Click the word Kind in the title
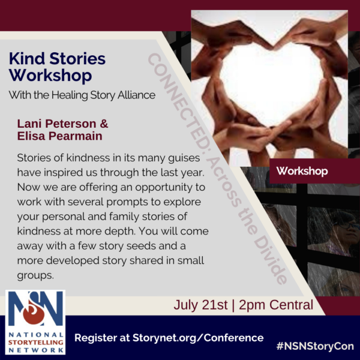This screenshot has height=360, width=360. pos(26,59)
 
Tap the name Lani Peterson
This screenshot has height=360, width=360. pos(57,124)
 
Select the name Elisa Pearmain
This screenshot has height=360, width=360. pos(59,136)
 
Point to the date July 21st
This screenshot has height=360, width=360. pos(200,305)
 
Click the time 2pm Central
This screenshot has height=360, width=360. pos(276,305)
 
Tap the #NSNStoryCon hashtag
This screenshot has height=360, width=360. pos(315,346)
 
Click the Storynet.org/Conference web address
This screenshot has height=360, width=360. pos(198,338)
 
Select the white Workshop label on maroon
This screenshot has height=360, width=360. pos(302,171)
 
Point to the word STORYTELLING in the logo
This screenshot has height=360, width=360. pos(35,343)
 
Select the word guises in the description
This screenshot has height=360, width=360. pos(184,158)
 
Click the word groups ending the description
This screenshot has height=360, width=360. pos(35,275)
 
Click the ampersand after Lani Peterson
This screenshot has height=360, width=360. pos(104,124)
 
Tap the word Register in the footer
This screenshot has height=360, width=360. pos(96,338)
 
